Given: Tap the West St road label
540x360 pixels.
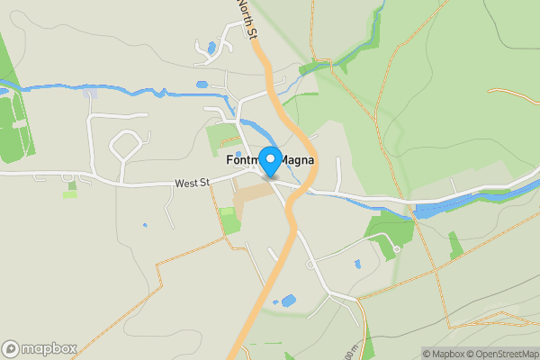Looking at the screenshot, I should point(192,184).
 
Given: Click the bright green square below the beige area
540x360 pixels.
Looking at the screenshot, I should point(230,221).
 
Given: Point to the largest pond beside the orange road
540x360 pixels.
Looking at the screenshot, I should point(288,301).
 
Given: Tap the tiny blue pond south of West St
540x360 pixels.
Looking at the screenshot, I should point(144,225).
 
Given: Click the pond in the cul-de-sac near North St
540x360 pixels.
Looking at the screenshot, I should point(211,48).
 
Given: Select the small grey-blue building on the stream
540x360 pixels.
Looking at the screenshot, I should point(89,93).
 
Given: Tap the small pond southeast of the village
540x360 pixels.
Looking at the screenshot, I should point(358,265).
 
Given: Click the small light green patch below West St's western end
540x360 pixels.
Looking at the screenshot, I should point(70,192).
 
